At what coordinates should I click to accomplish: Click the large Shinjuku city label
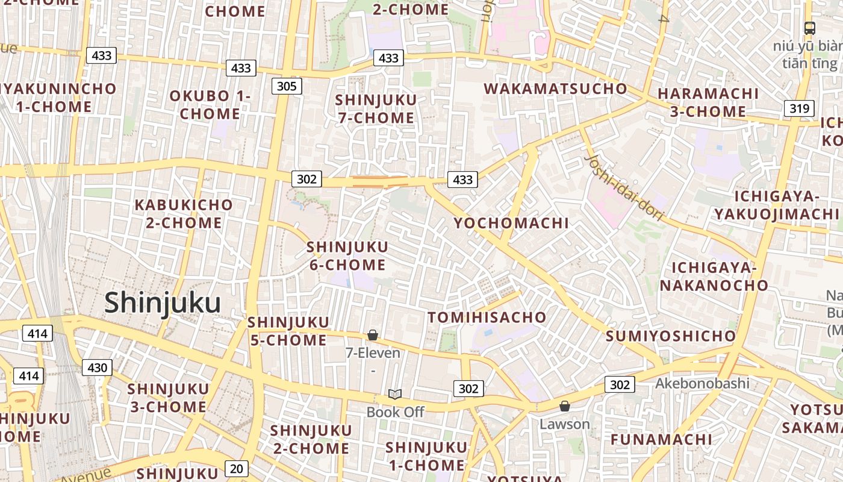[x=163, y=302]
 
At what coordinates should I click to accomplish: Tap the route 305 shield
[x=286, y=86]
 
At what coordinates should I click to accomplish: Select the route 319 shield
[x=799, y=108]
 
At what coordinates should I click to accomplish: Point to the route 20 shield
[x=237, y=468]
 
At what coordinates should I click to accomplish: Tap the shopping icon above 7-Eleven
[x=373, y=335]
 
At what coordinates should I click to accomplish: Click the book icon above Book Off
[x=394, y=394]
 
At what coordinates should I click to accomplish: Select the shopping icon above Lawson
[x=564, y=406]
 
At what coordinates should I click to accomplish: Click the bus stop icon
[x=810, y=28]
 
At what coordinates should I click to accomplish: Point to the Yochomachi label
[x=511, y=223]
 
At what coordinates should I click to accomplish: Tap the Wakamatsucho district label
[x=555, y=89]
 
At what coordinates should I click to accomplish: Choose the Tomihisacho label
[x=487, y=317]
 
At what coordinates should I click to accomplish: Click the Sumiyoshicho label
[x=671, y=336]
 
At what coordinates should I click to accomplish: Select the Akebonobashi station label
[x=702, y=383]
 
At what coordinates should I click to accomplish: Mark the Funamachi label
[x=661, y=439]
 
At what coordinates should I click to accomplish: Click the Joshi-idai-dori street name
[x=624, y=188]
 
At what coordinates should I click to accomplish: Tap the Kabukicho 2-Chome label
[x=183, y=213]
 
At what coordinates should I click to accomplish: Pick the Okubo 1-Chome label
[x=210, y=104]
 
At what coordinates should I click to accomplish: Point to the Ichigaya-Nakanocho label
[x=714, y=276]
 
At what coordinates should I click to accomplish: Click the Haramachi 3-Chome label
[x=708, y=102]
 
